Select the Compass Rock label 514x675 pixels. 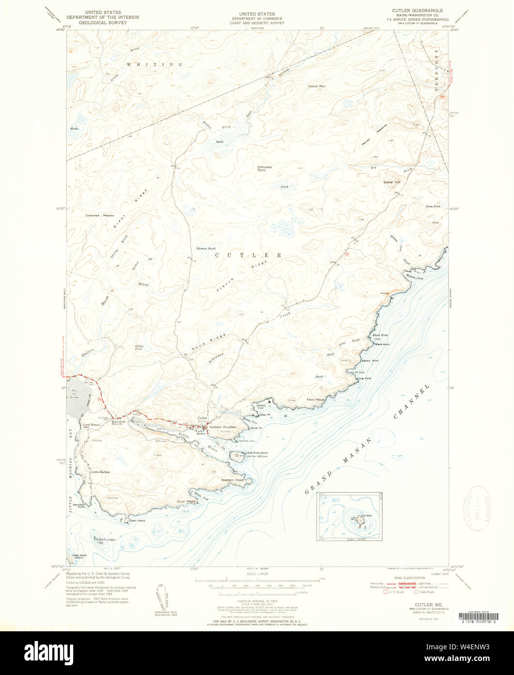264,169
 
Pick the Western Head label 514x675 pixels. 232,480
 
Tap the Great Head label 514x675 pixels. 186,501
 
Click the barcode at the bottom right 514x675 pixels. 477,616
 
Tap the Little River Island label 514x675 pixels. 257,453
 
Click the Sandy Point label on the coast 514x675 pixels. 369,361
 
